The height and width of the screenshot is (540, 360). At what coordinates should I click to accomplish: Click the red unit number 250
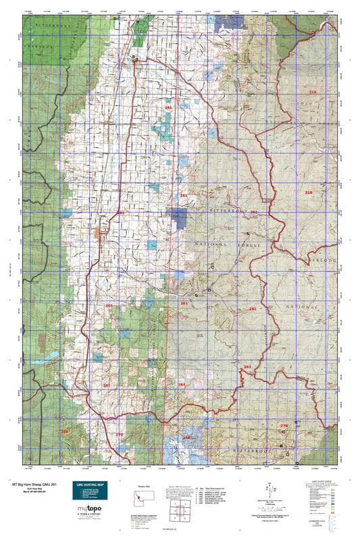point(65,431)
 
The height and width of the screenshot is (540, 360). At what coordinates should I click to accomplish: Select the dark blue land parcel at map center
point(179,217)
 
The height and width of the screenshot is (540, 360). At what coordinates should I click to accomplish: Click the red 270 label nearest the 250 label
point(119,434)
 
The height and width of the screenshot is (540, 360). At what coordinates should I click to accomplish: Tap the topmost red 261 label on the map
point(168,107)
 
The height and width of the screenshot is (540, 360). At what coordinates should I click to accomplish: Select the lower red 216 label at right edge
point(309,193)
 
